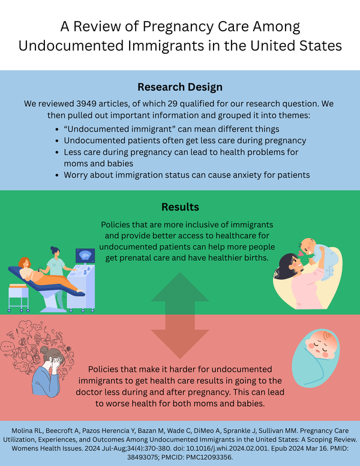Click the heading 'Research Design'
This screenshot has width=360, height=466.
(x=180, y=87)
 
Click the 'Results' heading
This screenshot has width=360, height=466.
(x=180, y=207)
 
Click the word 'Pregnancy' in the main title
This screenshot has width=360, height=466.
(x=178, y=27)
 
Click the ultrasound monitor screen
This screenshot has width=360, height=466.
(x=85, y=256)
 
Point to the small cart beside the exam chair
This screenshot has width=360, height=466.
(x=19, y=298)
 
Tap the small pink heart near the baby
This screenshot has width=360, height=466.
(x=301, y=254)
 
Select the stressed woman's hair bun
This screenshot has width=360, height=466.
(x=44, y=350)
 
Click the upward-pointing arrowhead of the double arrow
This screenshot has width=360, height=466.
(x=180, y=287)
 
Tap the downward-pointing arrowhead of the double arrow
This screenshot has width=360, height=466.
(x=180, y=344)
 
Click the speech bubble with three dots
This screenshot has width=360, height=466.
(x=7, y=347)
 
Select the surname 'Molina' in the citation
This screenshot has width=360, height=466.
(x=22, y=431)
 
